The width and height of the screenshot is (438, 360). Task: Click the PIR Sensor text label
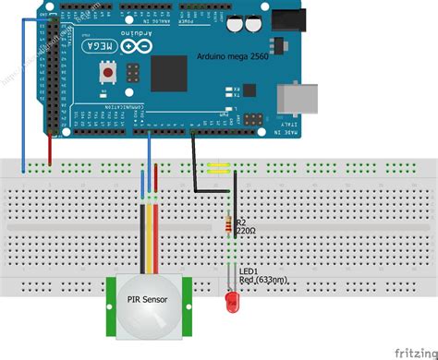pos(144,298)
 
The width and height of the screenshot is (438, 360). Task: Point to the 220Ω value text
pos(246,233)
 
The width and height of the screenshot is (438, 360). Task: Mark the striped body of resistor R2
pos(229,225)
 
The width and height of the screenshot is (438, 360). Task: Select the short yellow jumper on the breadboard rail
pos(220,168)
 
